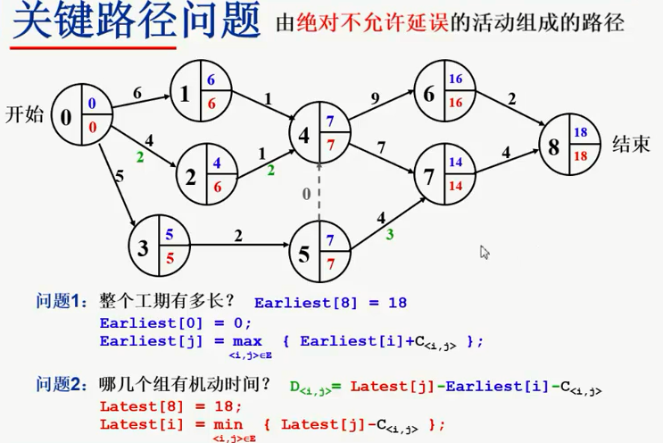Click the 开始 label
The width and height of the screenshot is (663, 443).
tap(24, 114)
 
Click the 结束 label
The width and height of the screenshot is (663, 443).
tap(631, 145)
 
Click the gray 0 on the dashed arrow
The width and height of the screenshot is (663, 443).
tap(307, 191)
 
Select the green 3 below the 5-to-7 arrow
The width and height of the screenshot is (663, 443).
tap(389, 235)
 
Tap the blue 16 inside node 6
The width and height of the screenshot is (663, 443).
tap(455, 79)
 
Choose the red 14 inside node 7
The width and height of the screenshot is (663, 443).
tap(455, 187)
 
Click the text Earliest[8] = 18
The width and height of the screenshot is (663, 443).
tap(330, 303)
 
